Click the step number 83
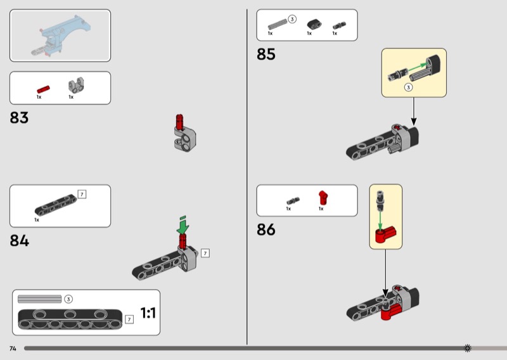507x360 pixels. pyautogui.click(x=19, y=118)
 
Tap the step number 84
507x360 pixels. pyautogui.click(x=20, y=241)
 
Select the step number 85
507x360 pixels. pyautogui.click(x=266, y=54)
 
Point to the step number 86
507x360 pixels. pyautogui.click(x=266, y=229)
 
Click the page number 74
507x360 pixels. pyautogui.click(x=13, y=349)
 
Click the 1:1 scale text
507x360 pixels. pyautogui.click(x=148, y=312)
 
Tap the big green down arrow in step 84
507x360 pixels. pyautogui.click(x=183, y=226)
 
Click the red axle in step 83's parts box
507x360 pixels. pyautogui.click(x=43, y=89)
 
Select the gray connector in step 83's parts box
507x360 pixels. pyautogui.click(x=76, y=86)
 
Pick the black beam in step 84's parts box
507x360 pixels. pyautogui.click(x=56, y=205)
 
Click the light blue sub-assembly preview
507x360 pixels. pyautogui.click(x=61, y=35)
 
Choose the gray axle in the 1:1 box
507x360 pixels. pyautogui.click(x=39, y=299)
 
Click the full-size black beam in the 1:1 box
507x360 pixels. pyautogui.click(x=70, y=319)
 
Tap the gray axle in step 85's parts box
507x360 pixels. pyautogui.click(x=278, y=24)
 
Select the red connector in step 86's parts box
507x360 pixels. pyautogui.click(x=323, y=198)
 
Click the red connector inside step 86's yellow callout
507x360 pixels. pyautogui.click(x=385, y=234)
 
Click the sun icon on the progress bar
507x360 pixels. pyautogui.click(x=468, y=348)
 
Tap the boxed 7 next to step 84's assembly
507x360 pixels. pyautogui.click(x=205, y=253)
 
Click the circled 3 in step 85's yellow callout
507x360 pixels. pyautogui.click(x=408, y=87)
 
